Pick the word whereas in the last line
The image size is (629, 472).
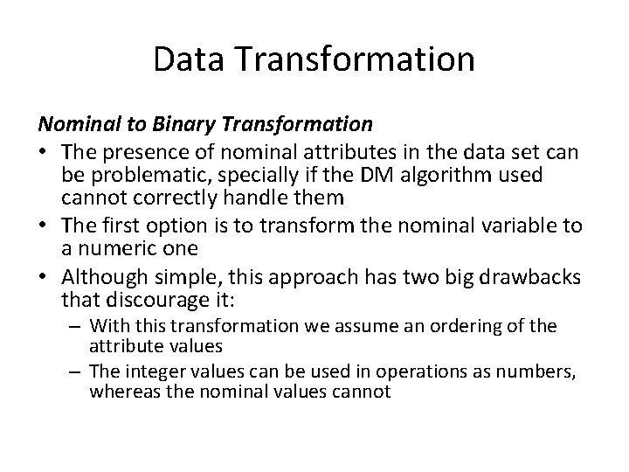click(x=118, y=392)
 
